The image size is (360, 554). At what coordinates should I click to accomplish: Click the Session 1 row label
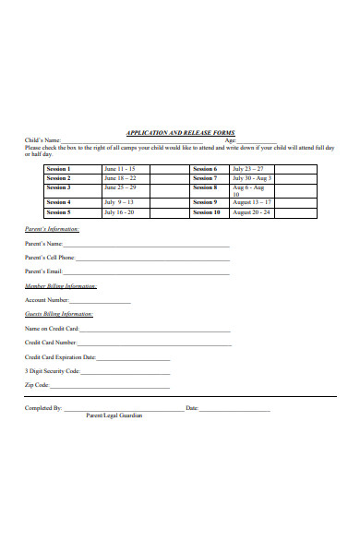[58, 169]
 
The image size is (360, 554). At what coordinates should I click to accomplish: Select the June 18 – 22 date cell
[121, 178]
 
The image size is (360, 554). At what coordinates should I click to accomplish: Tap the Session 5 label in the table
[58, 212]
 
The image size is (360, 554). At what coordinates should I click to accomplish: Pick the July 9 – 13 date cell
[120, 201]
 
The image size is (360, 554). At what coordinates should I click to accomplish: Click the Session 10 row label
[207, 212]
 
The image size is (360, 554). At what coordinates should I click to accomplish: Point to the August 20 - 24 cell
[252, 212]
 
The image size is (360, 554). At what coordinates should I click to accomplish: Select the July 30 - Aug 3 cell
[252, 178]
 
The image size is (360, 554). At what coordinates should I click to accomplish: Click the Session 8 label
[205, 187]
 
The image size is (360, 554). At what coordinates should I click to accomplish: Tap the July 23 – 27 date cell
[248, 169]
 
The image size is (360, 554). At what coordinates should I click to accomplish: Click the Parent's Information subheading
[52, 228]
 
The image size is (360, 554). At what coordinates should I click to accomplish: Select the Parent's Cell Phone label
[50, 258]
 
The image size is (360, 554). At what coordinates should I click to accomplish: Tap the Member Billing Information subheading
[60, 287]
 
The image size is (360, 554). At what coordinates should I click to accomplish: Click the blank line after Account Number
[101, 302]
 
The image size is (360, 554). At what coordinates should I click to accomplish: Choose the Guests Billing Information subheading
[58, 315]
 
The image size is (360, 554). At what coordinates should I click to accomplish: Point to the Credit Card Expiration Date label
[60, 356]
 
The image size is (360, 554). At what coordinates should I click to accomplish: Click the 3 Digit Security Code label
[52, 370]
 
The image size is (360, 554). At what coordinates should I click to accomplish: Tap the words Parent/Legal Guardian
[114, 415]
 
